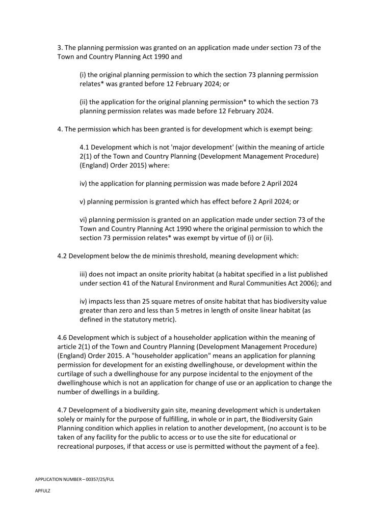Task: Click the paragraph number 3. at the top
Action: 60,48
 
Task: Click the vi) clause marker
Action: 84,220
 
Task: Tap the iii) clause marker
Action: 84,274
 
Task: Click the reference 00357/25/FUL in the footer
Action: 97,479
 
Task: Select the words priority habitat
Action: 213,274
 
